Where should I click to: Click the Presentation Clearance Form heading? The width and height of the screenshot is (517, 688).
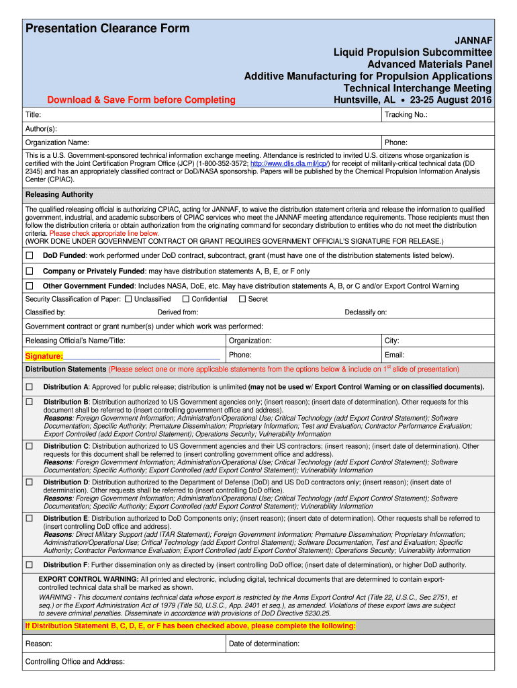point(107,28)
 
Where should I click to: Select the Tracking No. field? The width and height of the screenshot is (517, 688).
point(436,115)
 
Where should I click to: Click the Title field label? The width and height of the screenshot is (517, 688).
point(34,115)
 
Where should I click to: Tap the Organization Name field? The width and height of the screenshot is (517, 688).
point(201,142)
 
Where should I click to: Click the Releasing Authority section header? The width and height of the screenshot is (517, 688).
point(59,195)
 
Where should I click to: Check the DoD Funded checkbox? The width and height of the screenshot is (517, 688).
point(29,255)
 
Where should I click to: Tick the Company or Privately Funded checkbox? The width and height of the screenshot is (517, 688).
point(29,271)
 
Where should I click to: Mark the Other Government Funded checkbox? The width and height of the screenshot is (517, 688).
point(29,286)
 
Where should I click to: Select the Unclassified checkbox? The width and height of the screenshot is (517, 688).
point(128,299)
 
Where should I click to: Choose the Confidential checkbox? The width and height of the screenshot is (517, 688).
point(185,299)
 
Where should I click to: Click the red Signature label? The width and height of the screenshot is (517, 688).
point(44,356)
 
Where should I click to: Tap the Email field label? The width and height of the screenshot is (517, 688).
point(394,355)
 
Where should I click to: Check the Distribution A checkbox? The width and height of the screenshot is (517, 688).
point(29,387)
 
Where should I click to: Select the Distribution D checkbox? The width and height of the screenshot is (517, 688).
point(29,482)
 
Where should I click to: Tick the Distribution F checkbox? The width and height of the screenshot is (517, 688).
point(29,564)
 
